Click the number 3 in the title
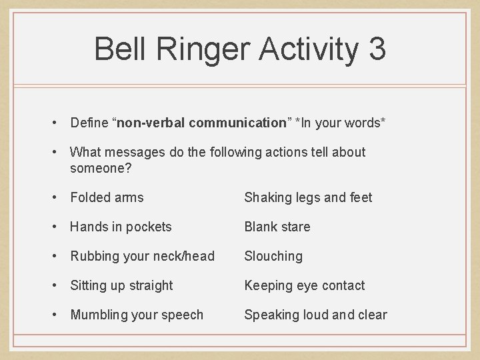374,50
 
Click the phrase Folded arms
107,197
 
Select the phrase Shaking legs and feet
308,197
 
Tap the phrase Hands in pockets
121,227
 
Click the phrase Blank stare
277,227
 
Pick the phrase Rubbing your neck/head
142,256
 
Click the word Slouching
273,256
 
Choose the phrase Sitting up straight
121,285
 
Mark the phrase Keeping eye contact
305,285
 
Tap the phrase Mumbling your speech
137,315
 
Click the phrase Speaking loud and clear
315,315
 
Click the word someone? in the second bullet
101,168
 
